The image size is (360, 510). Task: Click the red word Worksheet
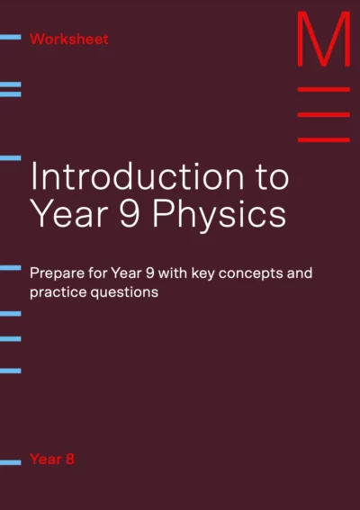pyautogui.click(x=69, y=39)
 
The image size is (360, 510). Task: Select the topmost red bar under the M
pyautogui.click(x=324, y=89)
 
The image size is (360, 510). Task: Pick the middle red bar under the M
pyautogui.click(x=324, y=115)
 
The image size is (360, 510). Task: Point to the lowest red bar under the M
pyautogui.click(x=324, y=140)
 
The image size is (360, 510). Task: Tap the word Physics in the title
pyautogui.click(x=220, y=214)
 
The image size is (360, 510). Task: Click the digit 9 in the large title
pyautogui.click(x=130, y=214)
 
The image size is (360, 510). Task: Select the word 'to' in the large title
pyautogui.click(x=273, y=178)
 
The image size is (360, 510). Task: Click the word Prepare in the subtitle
pyautogui.click(x=57, y=273)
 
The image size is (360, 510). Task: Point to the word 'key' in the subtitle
pyautogui.click(x=202, y=273)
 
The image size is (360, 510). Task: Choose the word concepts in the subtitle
pyautogui.click(x=250, y=274)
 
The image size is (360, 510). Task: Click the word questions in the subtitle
pyautogui.click(x=124, y=293)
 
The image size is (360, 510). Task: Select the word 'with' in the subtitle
pyautogui.click(x=173, y=273)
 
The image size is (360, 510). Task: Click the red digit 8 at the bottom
pyautogui.click(x=70, y=460)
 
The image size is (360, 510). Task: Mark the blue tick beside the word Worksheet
pyautogui.click(x=11, y=37)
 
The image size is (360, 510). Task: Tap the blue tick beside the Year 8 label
pyautogui.click(x=11, y=462)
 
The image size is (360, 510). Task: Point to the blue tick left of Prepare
pyautogui.click(x=11, y=268)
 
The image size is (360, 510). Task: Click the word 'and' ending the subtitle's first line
pyautogui.click(x=300, y=273)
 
